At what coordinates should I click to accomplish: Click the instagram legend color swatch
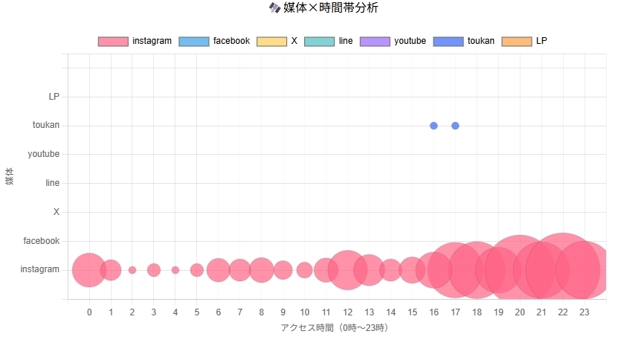click(x=113, y=41)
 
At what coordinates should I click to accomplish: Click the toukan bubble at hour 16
click(x=434, y=126)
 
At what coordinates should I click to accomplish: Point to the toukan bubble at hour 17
click(x=455, y=126)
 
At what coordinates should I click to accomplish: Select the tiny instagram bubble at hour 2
click(x=132, y=270)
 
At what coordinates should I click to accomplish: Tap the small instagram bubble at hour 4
click(x=175, y=270)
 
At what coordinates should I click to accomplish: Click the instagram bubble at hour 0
click(x=89, y=270)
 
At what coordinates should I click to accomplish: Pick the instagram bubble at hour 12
click(x=347, y=270)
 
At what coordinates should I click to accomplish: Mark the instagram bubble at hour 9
click(x=283, y=270)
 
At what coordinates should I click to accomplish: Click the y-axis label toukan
click(x=46, y=126)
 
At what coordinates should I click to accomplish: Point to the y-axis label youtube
click(x=43, y=154)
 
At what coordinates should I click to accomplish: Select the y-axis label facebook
click(x=42, y=241)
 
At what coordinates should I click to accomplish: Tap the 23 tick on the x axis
click(x=584, y=312)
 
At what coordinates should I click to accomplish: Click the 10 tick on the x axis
click(x=304, y=312)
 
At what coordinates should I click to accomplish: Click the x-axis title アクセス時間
click(x=334, y=328)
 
